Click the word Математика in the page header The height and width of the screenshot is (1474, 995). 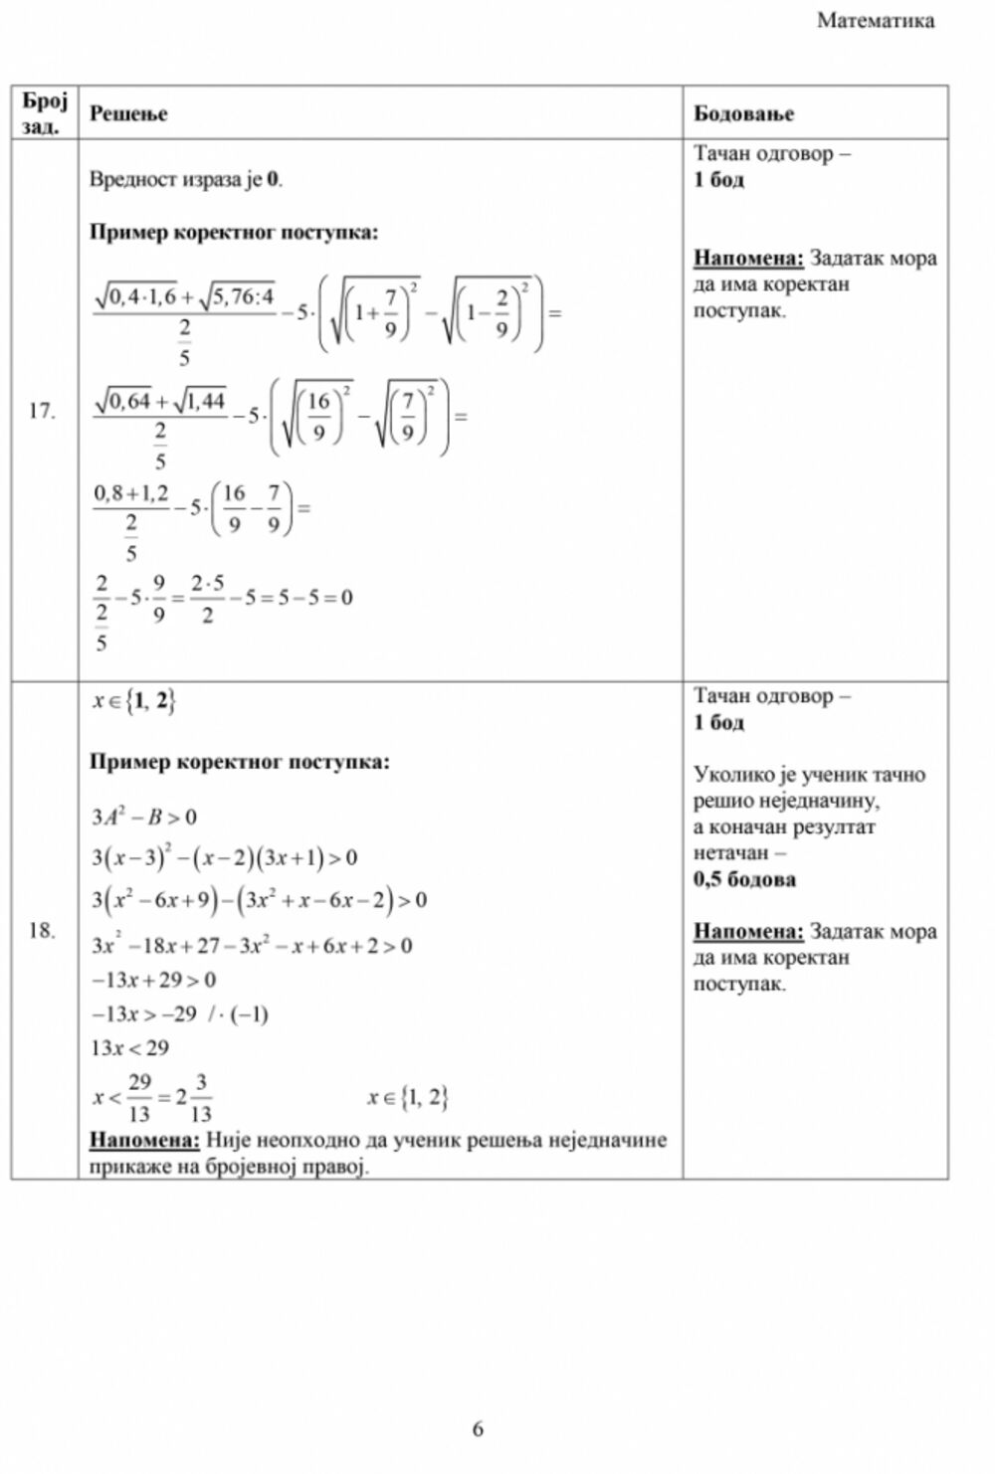pos(875,21)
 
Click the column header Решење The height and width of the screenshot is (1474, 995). pos(128,113)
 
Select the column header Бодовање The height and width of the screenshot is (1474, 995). pos(743,113)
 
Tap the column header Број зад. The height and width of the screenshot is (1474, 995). pos(44,112)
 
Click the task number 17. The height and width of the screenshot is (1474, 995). pos(42,411)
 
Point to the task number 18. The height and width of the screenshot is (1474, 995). pos(42,931)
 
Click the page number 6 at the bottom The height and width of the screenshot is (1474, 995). pos(478,1428)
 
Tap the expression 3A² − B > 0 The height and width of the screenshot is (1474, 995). pos(144,817)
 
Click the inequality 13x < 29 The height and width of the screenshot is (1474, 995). pos(130,1047)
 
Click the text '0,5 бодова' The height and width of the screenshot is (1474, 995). pos(744,879)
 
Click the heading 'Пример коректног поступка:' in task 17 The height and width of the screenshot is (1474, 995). pos(234,233)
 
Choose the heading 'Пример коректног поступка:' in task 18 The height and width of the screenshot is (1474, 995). pos(239,762)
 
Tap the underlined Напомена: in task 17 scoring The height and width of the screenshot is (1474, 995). pos(748,259)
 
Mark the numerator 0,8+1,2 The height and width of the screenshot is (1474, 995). pos(131,493)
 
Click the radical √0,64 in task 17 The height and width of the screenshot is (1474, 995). pos(123,402)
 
